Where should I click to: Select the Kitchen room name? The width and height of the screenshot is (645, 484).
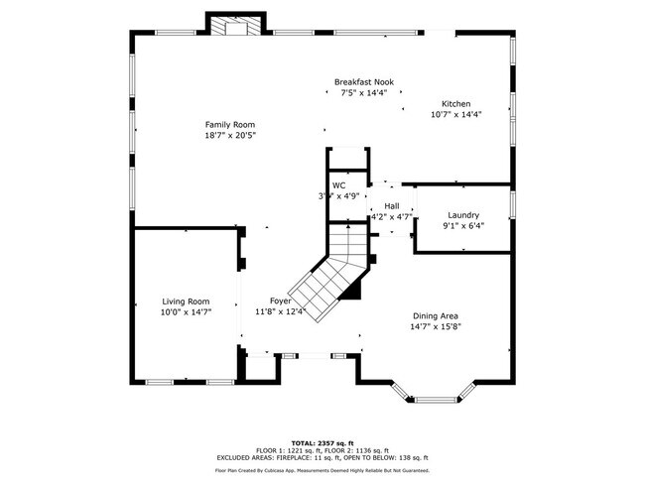pos(455,104)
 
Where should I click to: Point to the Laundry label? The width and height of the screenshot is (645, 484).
pos(463,215)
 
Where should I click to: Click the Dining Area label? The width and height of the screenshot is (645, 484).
pos(437,315)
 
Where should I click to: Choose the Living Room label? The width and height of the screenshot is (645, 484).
pos(186,302)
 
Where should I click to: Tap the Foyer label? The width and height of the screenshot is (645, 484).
pos(280,301)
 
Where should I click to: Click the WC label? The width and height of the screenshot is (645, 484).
pos(338,185)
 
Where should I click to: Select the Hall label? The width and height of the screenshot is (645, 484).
pos(392,205)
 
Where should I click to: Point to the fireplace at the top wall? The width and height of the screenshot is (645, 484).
pos(237,25)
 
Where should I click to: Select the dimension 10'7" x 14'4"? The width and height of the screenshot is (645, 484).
pos(455,115)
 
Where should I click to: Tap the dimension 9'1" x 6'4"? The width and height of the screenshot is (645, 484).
pos(463,226)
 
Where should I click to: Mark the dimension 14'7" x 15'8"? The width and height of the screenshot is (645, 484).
pos(437,326)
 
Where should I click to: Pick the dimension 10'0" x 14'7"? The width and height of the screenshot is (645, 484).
pos(186,312)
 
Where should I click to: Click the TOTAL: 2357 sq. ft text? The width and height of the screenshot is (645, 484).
pos(322,442)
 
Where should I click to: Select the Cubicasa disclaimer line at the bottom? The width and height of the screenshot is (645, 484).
pos(322,470)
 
